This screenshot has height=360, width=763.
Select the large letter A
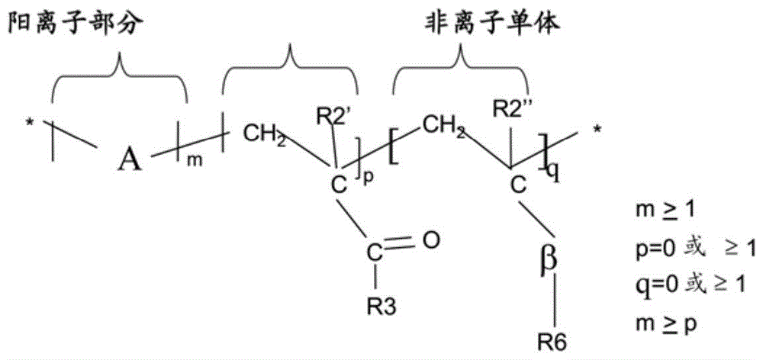130,159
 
